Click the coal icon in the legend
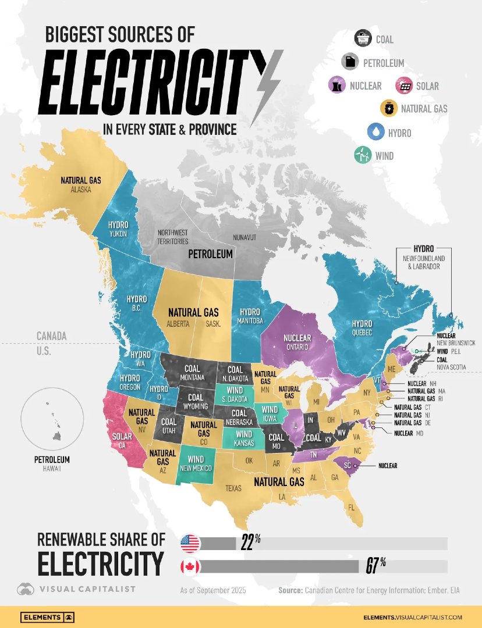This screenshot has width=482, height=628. [364, 39]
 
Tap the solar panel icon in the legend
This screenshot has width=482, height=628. [403, 86]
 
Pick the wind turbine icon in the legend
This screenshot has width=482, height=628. [363, 155]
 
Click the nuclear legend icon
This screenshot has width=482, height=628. [337, 85]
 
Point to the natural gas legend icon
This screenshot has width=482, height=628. [388, 109]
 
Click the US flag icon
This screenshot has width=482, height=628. [190, 543]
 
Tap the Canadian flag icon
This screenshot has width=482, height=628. [190, 566]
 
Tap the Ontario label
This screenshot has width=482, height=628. [297, 347]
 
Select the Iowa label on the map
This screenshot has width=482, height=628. [269, 417]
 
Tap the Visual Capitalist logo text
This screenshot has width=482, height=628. [87, 589]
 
